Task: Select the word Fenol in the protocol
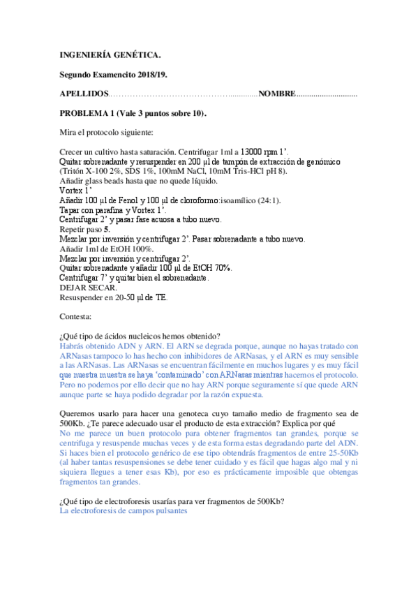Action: (x=128, y=200)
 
